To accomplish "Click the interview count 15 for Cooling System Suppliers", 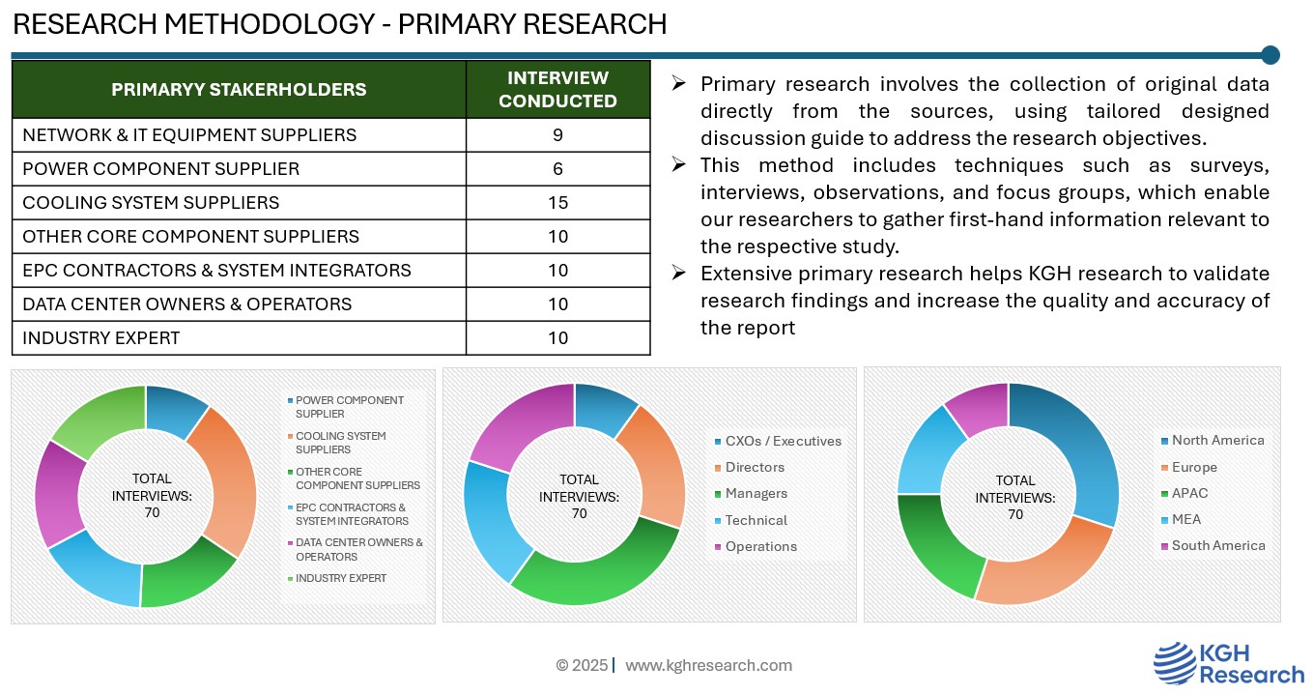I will point(557,203).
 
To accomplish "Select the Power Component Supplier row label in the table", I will point(160,169).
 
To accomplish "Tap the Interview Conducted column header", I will point(557,90).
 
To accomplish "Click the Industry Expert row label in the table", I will point(100,338).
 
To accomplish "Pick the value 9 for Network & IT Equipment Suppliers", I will point(557,135).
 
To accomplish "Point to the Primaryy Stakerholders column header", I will point(239,90).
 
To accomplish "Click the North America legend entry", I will point(1217,441).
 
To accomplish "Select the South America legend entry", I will point(1217,546).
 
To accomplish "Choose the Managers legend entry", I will point(756,494).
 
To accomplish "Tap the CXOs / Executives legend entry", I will point(783,442).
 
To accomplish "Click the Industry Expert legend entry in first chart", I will point(340,578).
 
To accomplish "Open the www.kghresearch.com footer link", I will point(708,665).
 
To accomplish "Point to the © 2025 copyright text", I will point(582,665).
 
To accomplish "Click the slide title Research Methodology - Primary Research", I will point(339,24).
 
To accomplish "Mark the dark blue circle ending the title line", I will point(1270,55).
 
